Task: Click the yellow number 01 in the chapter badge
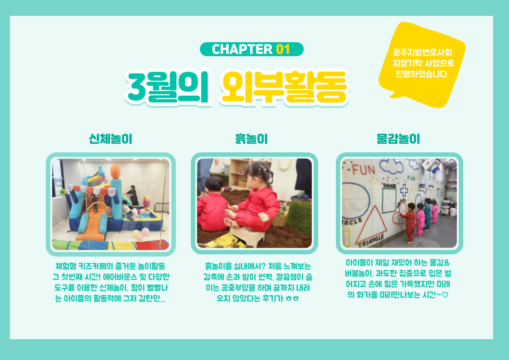pyautogui.click(x=283, y=49)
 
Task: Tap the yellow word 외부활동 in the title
pyautogui.click(x=284, y=87)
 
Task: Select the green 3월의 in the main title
pyautogui.click(x=168, y=87)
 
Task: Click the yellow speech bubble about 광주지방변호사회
pyautogui.click(x=422, y=64)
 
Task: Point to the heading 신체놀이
pyautogui.click(x=111, y=139)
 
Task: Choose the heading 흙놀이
pyautogui.click(x=252, y=139)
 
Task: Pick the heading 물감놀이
pyautogui.click(x=398, y=139)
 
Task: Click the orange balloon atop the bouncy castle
pyautogui.click(x=116, y=171)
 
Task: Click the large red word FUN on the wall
pyautogui.click(x=364, y=170)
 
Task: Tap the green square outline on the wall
pyautogui.click(x=389, y=200)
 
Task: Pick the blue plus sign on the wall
pyautogui.click(x=404, y=190)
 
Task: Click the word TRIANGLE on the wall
pyautogui.click(x=371, y=241)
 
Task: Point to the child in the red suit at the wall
pyautogui.click(x=410, y=223)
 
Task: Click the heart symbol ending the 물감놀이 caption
pyautogui.click(x=445, y=295)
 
